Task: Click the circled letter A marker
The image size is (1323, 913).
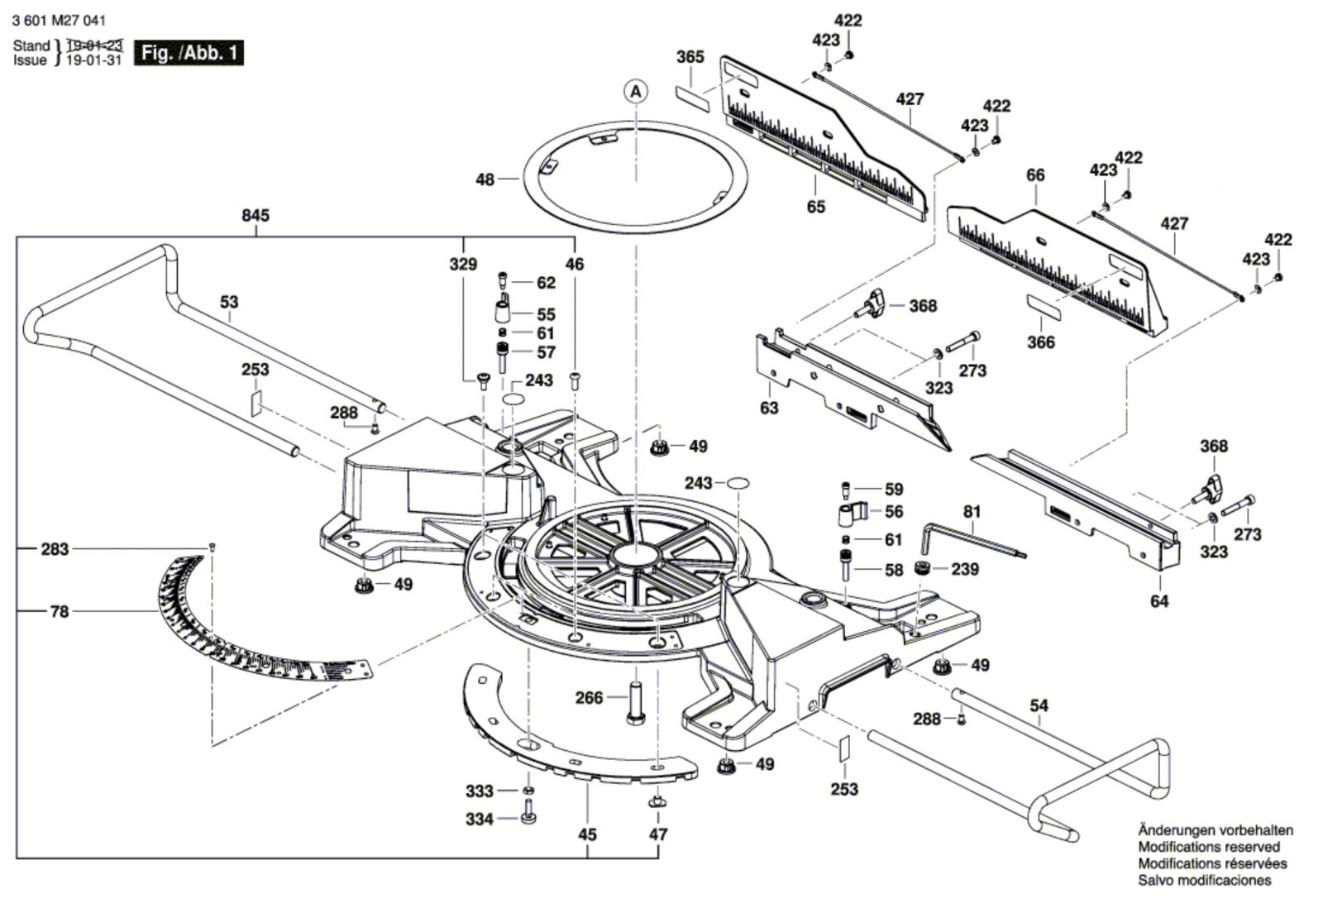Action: click(636, 92)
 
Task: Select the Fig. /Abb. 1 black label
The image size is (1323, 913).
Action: click(189, 53)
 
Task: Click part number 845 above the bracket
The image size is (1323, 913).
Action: click(256, 216)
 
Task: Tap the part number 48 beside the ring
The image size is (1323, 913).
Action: click(485, 179)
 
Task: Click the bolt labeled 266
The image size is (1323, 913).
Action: click(635, 703)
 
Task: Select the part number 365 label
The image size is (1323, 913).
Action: click(690, 57)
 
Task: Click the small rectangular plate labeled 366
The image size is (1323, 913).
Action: click(1044, 307)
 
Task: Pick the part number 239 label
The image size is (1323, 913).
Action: click(964, 569)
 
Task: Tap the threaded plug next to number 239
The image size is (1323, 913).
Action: click(922, 568)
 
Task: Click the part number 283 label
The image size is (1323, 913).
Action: click(55, 549)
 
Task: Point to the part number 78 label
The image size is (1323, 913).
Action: click(59, 611)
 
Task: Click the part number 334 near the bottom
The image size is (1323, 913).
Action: click(479, 819)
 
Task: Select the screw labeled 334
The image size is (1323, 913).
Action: click(528, 811)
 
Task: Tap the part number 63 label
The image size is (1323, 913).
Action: click(768, 408)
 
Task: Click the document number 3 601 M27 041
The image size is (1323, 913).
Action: click(59, 21)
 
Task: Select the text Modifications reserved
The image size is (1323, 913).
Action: click(1209, 847)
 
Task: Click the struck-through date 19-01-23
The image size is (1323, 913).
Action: click(94, 45)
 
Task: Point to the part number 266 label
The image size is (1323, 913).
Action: click(589, 698)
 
